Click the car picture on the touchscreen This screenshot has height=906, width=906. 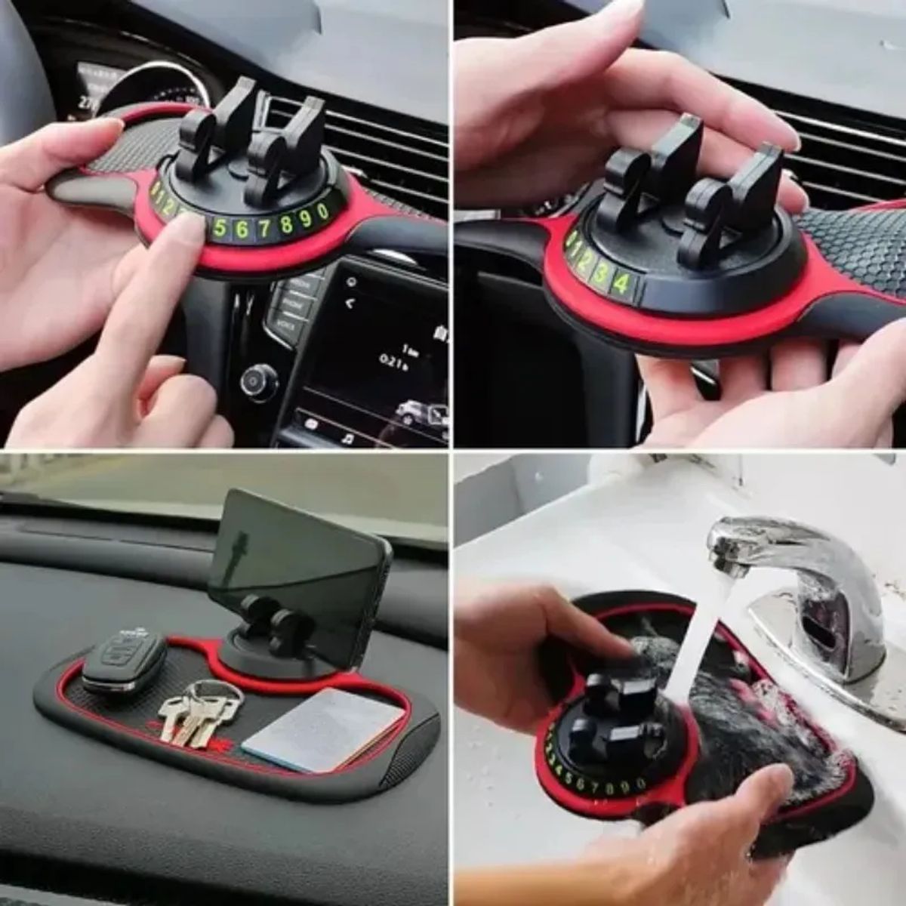point(412,414)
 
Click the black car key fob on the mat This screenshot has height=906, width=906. point(124,662)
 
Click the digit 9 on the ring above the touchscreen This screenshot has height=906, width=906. point(306,219)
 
